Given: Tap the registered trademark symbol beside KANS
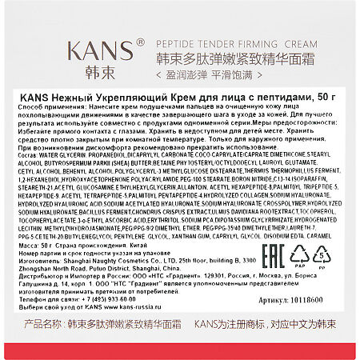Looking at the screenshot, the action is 139,41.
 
